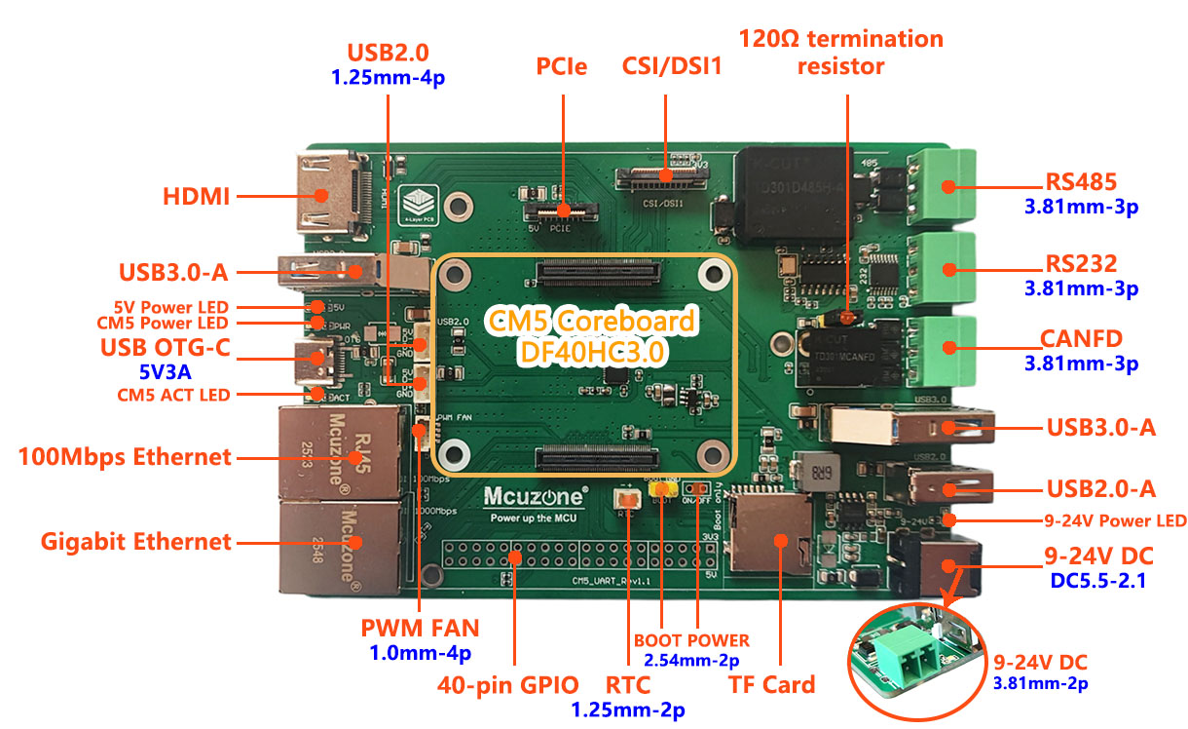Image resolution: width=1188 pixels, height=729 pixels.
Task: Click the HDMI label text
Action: [196, 196]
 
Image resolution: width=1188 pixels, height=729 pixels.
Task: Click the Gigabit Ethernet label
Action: [136, 542]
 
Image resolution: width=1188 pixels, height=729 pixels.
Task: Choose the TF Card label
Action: [771, 684]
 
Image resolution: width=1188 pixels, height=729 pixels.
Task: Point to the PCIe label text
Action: [563, 67]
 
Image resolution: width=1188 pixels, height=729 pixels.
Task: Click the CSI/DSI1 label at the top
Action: [666, 67]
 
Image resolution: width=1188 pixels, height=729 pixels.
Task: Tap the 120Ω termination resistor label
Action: [841, 53]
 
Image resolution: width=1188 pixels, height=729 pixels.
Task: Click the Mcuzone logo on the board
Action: [535, 497]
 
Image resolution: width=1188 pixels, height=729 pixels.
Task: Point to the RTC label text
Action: [627, 684]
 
